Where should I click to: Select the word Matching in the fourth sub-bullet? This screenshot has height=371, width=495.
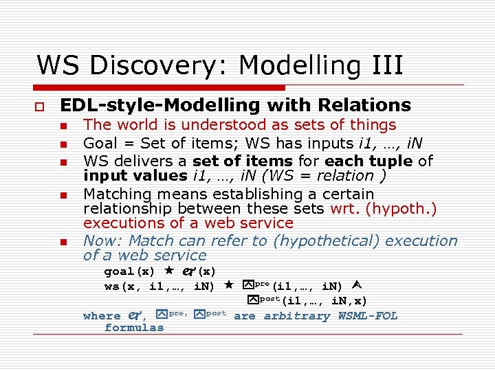click(114, 194)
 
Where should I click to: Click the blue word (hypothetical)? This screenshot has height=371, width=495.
click(322, 241)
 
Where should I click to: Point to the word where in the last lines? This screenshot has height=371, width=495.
click(101, 316)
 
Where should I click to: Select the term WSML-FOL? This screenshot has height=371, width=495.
click(368, 316)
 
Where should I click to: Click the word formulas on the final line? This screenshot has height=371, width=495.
click(134, 328)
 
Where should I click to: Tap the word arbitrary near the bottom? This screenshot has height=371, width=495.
click(296, 316)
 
